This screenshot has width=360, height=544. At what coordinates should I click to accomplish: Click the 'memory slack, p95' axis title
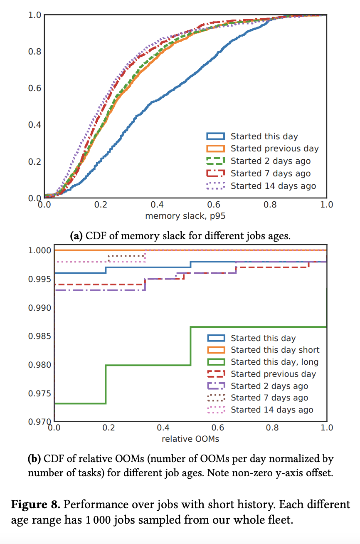[x=185, y=216]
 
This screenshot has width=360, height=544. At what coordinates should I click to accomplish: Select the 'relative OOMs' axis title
[x=190, y=438]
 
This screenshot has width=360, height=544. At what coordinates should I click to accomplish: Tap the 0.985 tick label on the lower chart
[x=39, y=336]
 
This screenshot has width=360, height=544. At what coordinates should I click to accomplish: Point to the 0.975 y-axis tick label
[x=39, y=393]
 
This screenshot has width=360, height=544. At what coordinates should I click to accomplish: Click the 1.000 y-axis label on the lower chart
[x=39, y=250]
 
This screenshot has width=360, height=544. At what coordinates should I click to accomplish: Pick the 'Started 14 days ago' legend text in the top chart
[x=273, y=186]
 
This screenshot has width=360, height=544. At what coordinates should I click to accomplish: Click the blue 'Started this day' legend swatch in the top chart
[x=215, y=136]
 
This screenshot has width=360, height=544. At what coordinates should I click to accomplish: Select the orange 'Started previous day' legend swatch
[x=215, y=149]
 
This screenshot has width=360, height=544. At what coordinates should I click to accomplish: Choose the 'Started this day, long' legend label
[x=274, y=362]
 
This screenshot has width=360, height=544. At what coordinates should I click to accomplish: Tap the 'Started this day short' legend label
[x=275, y=350]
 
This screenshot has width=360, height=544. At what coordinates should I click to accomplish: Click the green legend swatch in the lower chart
[x=215, y=362]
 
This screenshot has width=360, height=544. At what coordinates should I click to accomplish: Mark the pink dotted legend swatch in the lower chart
[x=215, y=410]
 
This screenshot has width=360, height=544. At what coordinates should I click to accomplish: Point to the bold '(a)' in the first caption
[x=76, y=236]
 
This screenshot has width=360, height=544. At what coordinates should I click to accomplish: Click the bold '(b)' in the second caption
[x=34, y=459]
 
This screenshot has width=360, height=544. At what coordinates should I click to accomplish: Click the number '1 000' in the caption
[x=103, y=520]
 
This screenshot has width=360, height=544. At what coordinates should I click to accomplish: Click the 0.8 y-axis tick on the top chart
[x=34, y=52]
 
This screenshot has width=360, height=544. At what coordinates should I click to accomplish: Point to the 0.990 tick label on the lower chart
[x=39, y=308]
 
